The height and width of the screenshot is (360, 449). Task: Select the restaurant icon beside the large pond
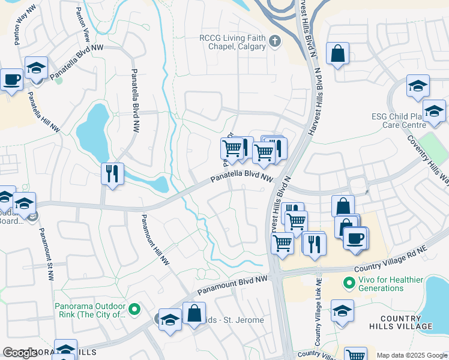point(112,174)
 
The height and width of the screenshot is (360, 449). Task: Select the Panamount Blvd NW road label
point(232,285)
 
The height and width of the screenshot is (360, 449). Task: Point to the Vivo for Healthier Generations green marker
point(348,281)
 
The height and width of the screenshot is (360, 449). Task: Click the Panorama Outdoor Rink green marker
point(134,310)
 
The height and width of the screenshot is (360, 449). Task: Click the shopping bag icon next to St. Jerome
point(194,313)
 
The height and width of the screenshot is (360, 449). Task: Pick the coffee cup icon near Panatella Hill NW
point(11,79)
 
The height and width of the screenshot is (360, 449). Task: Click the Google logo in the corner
point(20,353)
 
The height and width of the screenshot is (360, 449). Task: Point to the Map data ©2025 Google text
point(411,355)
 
